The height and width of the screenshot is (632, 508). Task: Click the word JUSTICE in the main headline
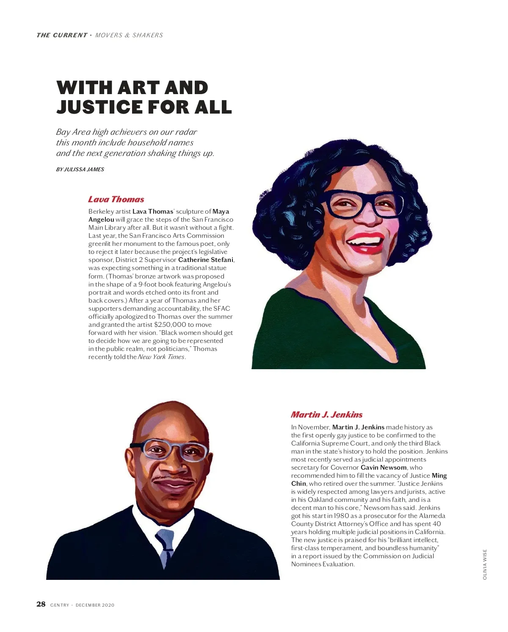tap(99, 107)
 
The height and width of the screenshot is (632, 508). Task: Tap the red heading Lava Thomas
tap(116, 199)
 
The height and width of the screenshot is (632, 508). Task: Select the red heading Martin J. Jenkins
tap(326, 415)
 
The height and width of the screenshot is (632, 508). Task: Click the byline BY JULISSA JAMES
tap(80, 170)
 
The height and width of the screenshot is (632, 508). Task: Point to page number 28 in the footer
tap(41, 604)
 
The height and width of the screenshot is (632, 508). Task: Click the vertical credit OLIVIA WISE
tap(485, 564)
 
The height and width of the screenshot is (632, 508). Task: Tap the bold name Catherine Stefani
tap(206, 260)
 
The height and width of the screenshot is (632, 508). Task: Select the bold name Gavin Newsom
tap(384, 468)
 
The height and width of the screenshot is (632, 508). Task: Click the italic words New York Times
tap(161, 357)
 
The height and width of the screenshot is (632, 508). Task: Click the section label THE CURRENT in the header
tap(62, 35)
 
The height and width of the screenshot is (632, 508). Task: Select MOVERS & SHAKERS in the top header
tap(129, 35)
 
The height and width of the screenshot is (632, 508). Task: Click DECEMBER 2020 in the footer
tap(95, 605)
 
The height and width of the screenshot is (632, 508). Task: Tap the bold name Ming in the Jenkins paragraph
tap(439, 476)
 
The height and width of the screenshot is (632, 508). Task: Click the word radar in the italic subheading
tap(185, 132)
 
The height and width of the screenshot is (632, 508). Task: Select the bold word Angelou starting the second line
tap(101, 220)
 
